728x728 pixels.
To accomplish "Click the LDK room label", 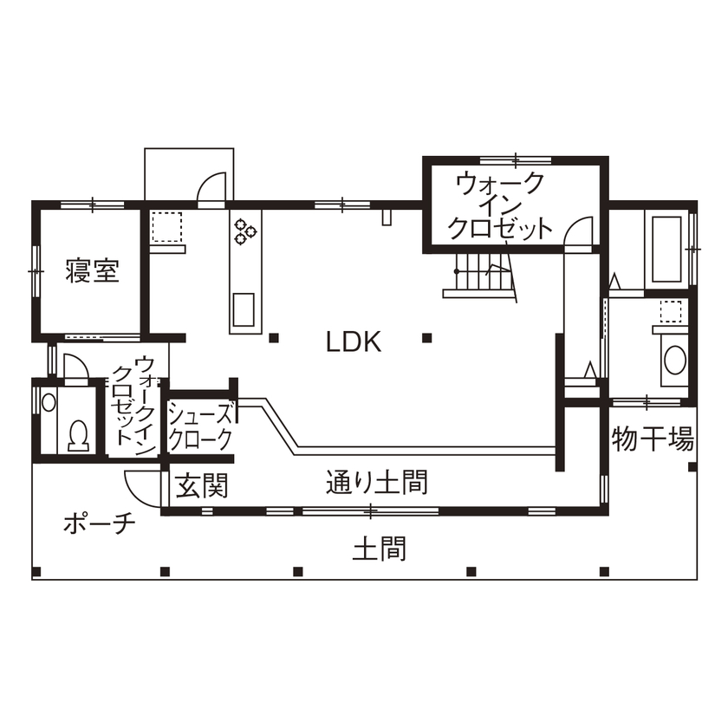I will pyautogui.click(x=354, y=341).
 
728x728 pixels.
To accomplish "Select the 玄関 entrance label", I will pyautogui.click(x=202, y=486).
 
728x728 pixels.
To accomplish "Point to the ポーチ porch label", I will pyautogui.click(x=100, y=524).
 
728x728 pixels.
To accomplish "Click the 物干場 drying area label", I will pyautogui.click(x=653, y=439).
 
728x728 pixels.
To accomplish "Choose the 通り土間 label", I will pyautogui.click(x=377, y=482).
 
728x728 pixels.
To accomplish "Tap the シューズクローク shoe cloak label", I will pyautogui.click(x=200, y=425).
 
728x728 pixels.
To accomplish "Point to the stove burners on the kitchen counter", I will pyautogui.click(x=244, y=228).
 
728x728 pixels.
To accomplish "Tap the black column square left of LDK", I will pyautogui.click(x=273, y=337).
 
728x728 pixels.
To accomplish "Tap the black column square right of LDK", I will pyautogui.click(x=426, y=337).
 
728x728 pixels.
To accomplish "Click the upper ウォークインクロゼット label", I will pyautogui.click(x=500, y=206).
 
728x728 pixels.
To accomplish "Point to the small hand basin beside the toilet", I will pyautogui.click(x=49, y=402).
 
